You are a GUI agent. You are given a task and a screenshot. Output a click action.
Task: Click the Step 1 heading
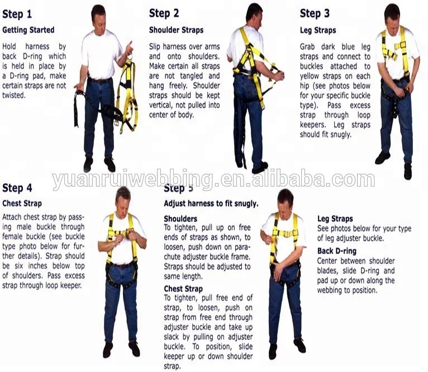click(x=17, y=14)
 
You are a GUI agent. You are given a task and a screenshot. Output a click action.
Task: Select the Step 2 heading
click(x=164, y=13)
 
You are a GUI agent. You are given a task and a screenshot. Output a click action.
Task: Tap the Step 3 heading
click(x=315, y=13)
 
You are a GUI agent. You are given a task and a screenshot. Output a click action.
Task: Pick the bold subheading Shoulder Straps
click(x=176, y=30)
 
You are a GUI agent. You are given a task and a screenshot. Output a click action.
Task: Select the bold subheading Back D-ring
click(x=336, y=251)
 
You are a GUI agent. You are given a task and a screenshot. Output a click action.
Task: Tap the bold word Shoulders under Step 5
click(x=180, y=219)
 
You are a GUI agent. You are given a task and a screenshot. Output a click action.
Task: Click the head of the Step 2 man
click(x=254, y=12)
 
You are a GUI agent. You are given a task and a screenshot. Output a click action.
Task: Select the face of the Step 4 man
click(x=123, y=198)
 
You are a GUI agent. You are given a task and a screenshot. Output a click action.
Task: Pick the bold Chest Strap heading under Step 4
click(x=22, y=203)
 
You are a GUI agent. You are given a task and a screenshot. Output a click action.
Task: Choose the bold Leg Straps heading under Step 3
click(x=317, y=30)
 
